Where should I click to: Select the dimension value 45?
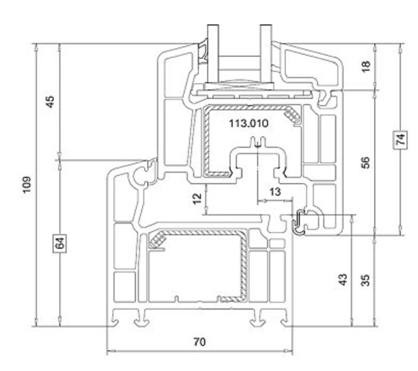50,100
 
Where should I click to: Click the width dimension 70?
199,342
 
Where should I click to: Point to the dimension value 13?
275,192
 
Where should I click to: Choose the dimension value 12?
196,198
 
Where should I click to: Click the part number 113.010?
248,123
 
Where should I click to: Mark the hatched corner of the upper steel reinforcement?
294,117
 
